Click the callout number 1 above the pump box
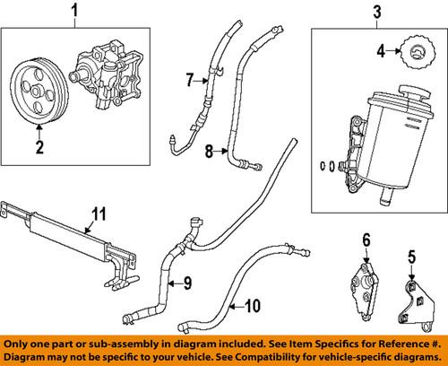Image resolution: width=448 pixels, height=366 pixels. tap(74, 10)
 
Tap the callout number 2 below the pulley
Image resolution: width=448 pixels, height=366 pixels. tap(39, 146)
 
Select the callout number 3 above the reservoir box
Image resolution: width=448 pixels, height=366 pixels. tap(377, 12)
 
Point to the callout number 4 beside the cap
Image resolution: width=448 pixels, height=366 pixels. tap(381, 51)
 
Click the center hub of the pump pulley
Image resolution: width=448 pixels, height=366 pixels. tap(35, 91)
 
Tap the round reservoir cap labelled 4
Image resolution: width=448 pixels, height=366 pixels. tap(418, 53)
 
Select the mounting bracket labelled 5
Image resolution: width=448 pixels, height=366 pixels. tap(417, 305)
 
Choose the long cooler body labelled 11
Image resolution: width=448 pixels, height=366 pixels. tap(69, 233)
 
